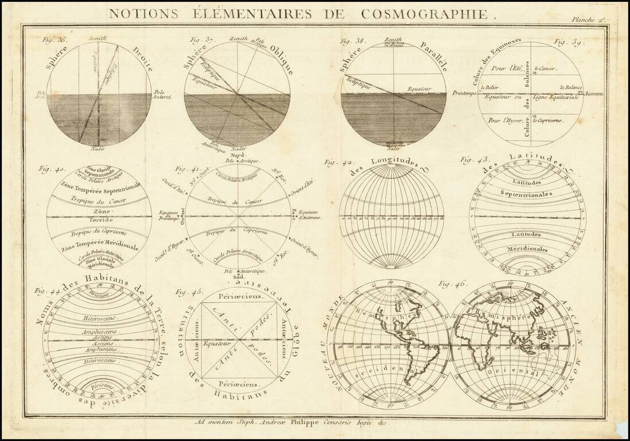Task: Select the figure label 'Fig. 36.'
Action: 54,40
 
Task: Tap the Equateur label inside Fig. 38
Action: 418,90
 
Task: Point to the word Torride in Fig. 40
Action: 100,220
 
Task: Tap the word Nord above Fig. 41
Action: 237,156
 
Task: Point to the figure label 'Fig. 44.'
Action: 45,291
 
